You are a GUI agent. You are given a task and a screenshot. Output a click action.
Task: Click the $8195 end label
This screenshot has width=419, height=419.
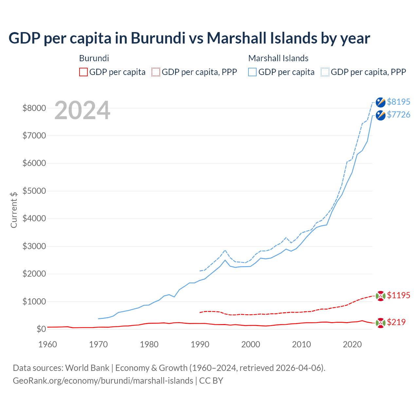click(398, 102)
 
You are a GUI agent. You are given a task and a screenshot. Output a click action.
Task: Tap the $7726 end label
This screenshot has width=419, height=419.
click(398, 115)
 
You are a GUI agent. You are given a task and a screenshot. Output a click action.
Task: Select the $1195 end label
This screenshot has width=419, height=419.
click(398, 295)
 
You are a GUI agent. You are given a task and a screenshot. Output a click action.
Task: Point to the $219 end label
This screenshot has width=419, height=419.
click(396, 322)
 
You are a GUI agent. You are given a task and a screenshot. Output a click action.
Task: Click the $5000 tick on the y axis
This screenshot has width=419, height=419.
click(34, 191)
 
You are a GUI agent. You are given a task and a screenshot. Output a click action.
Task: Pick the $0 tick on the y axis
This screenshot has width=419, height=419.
click(41, 329)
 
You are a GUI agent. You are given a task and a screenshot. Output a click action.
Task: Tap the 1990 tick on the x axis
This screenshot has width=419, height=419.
click(200, 344)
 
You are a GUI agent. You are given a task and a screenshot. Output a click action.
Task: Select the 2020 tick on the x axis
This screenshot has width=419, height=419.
click(352, 344)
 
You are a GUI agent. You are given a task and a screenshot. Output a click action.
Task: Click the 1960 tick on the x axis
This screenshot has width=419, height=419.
click(48, 344)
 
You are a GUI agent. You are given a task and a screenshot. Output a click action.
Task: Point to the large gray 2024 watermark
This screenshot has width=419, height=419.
click(82, 111)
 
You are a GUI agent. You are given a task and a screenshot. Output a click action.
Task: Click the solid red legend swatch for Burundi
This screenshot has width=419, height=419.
click(83, 72)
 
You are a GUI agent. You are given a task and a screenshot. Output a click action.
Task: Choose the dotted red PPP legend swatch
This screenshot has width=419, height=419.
click(156, 72)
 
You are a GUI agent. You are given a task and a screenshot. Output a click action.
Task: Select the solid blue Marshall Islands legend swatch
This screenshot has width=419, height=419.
click(252, 72)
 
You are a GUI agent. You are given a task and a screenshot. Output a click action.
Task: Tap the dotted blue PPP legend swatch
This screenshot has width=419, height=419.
click(325, 72)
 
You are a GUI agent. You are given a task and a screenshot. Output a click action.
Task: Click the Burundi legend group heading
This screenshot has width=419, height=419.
click(94, 58)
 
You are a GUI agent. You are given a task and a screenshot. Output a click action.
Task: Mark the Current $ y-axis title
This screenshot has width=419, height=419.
click(14, 210)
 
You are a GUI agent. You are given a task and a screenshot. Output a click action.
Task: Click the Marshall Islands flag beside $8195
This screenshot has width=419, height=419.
click(380, 102)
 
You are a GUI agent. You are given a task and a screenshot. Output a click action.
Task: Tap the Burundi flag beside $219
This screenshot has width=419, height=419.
click(380, 323)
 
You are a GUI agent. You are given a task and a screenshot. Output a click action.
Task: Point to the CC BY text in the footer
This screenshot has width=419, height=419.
click(211, 381)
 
